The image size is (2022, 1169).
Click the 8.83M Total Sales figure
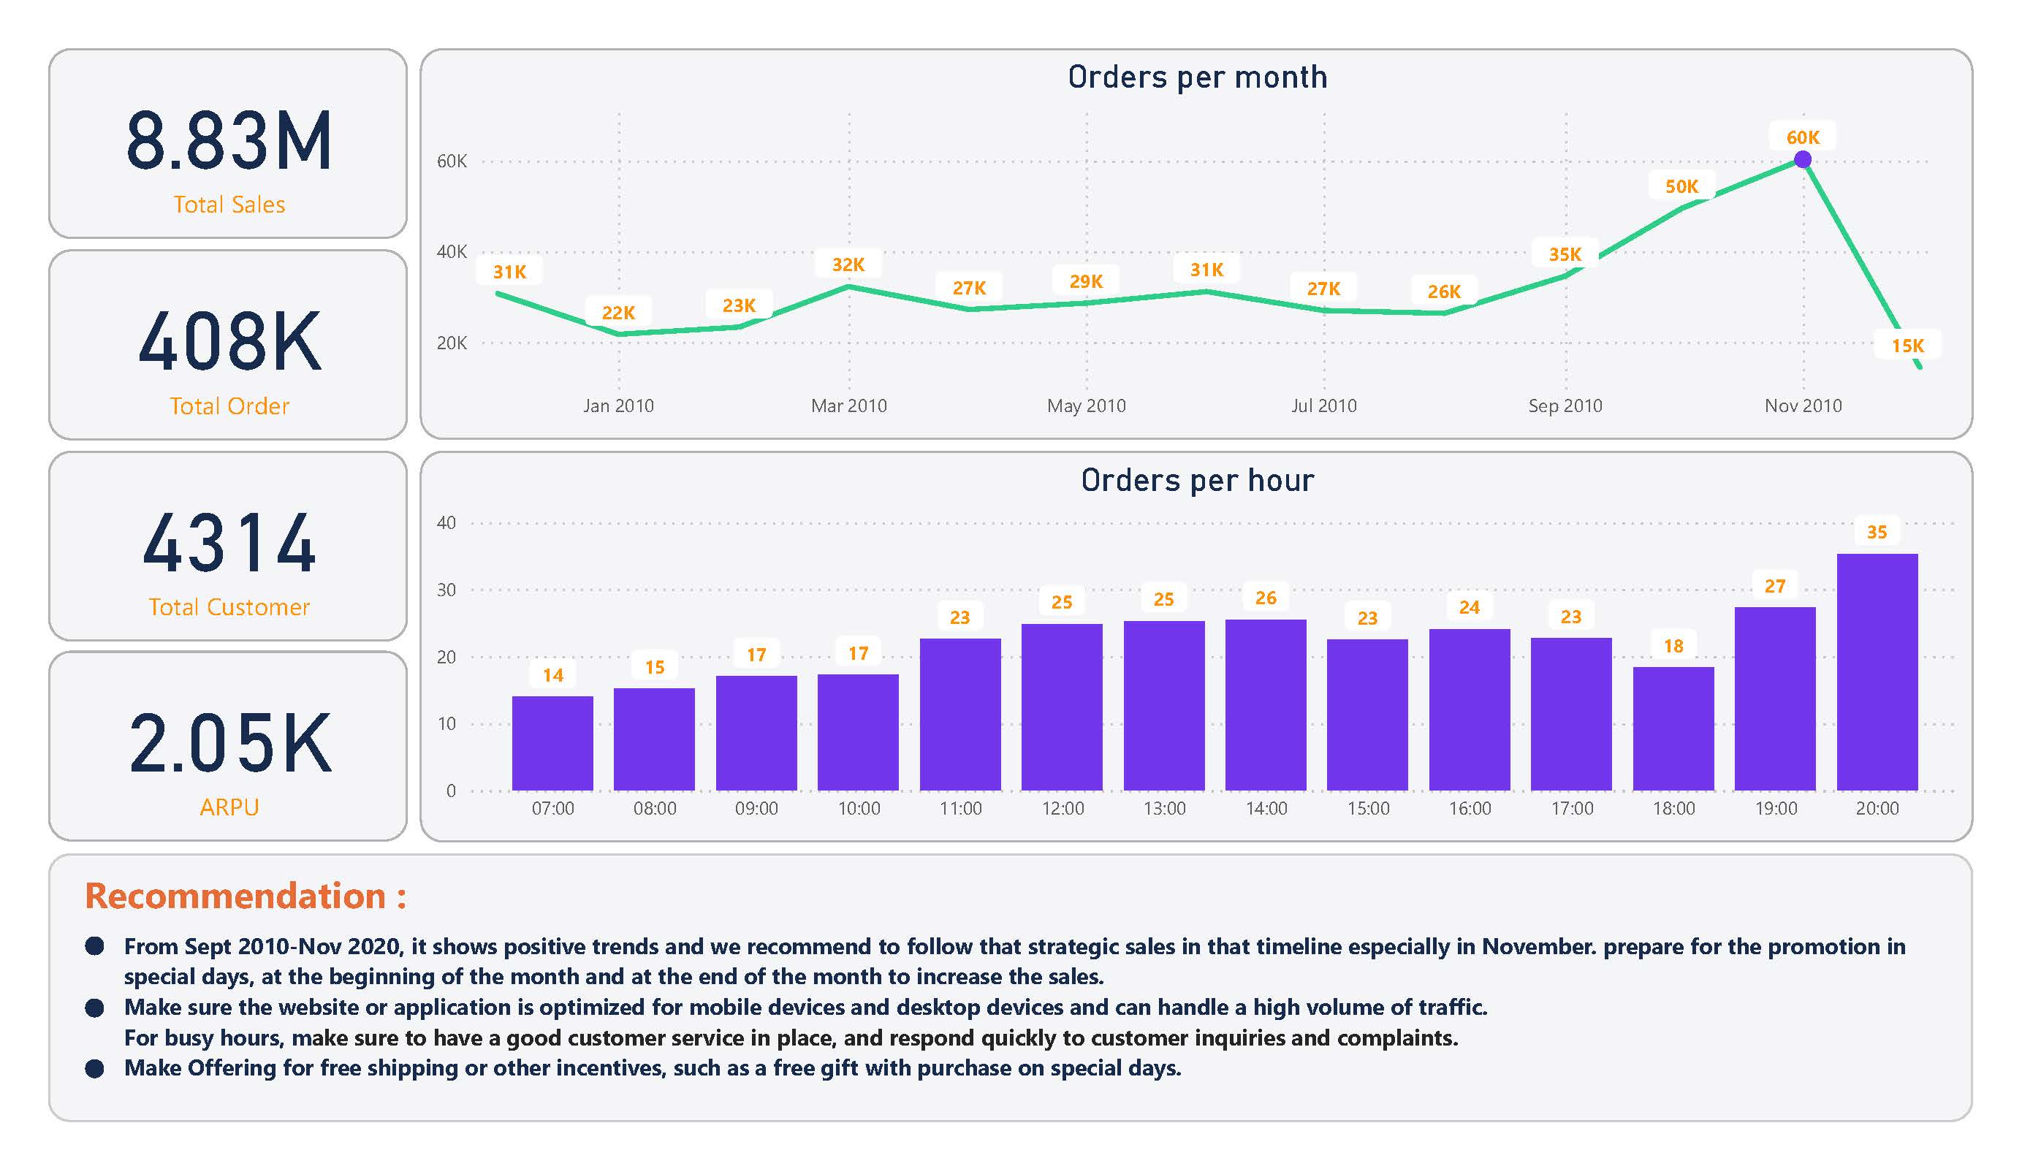coord(229,141)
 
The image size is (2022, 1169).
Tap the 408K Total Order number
coord(229,343)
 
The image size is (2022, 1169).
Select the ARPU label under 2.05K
coord(229,807)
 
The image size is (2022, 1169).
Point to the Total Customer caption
coord(229,606)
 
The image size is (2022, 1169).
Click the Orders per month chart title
coord(1197,77)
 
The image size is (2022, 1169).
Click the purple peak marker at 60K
coord(1802,160)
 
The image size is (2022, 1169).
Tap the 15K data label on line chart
coord(1907,346)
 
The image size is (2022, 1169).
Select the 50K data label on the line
coord(1681,186)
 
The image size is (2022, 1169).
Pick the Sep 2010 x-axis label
coord(1565,406)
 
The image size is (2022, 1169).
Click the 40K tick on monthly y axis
coord(451,252)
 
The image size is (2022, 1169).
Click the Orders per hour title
coord(1197,480)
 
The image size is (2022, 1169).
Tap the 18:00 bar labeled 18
coord(1673,728)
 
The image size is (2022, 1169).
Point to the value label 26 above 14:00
coord(1266,598)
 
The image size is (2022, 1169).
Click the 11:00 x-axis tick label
coord(960,809)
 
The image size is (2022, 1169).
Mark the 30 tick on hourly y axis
coord(446,590)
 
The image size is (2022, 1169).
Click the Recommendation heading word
coord(235,896)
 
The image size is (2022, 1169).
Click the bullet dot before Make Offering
coord(95,1069)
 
